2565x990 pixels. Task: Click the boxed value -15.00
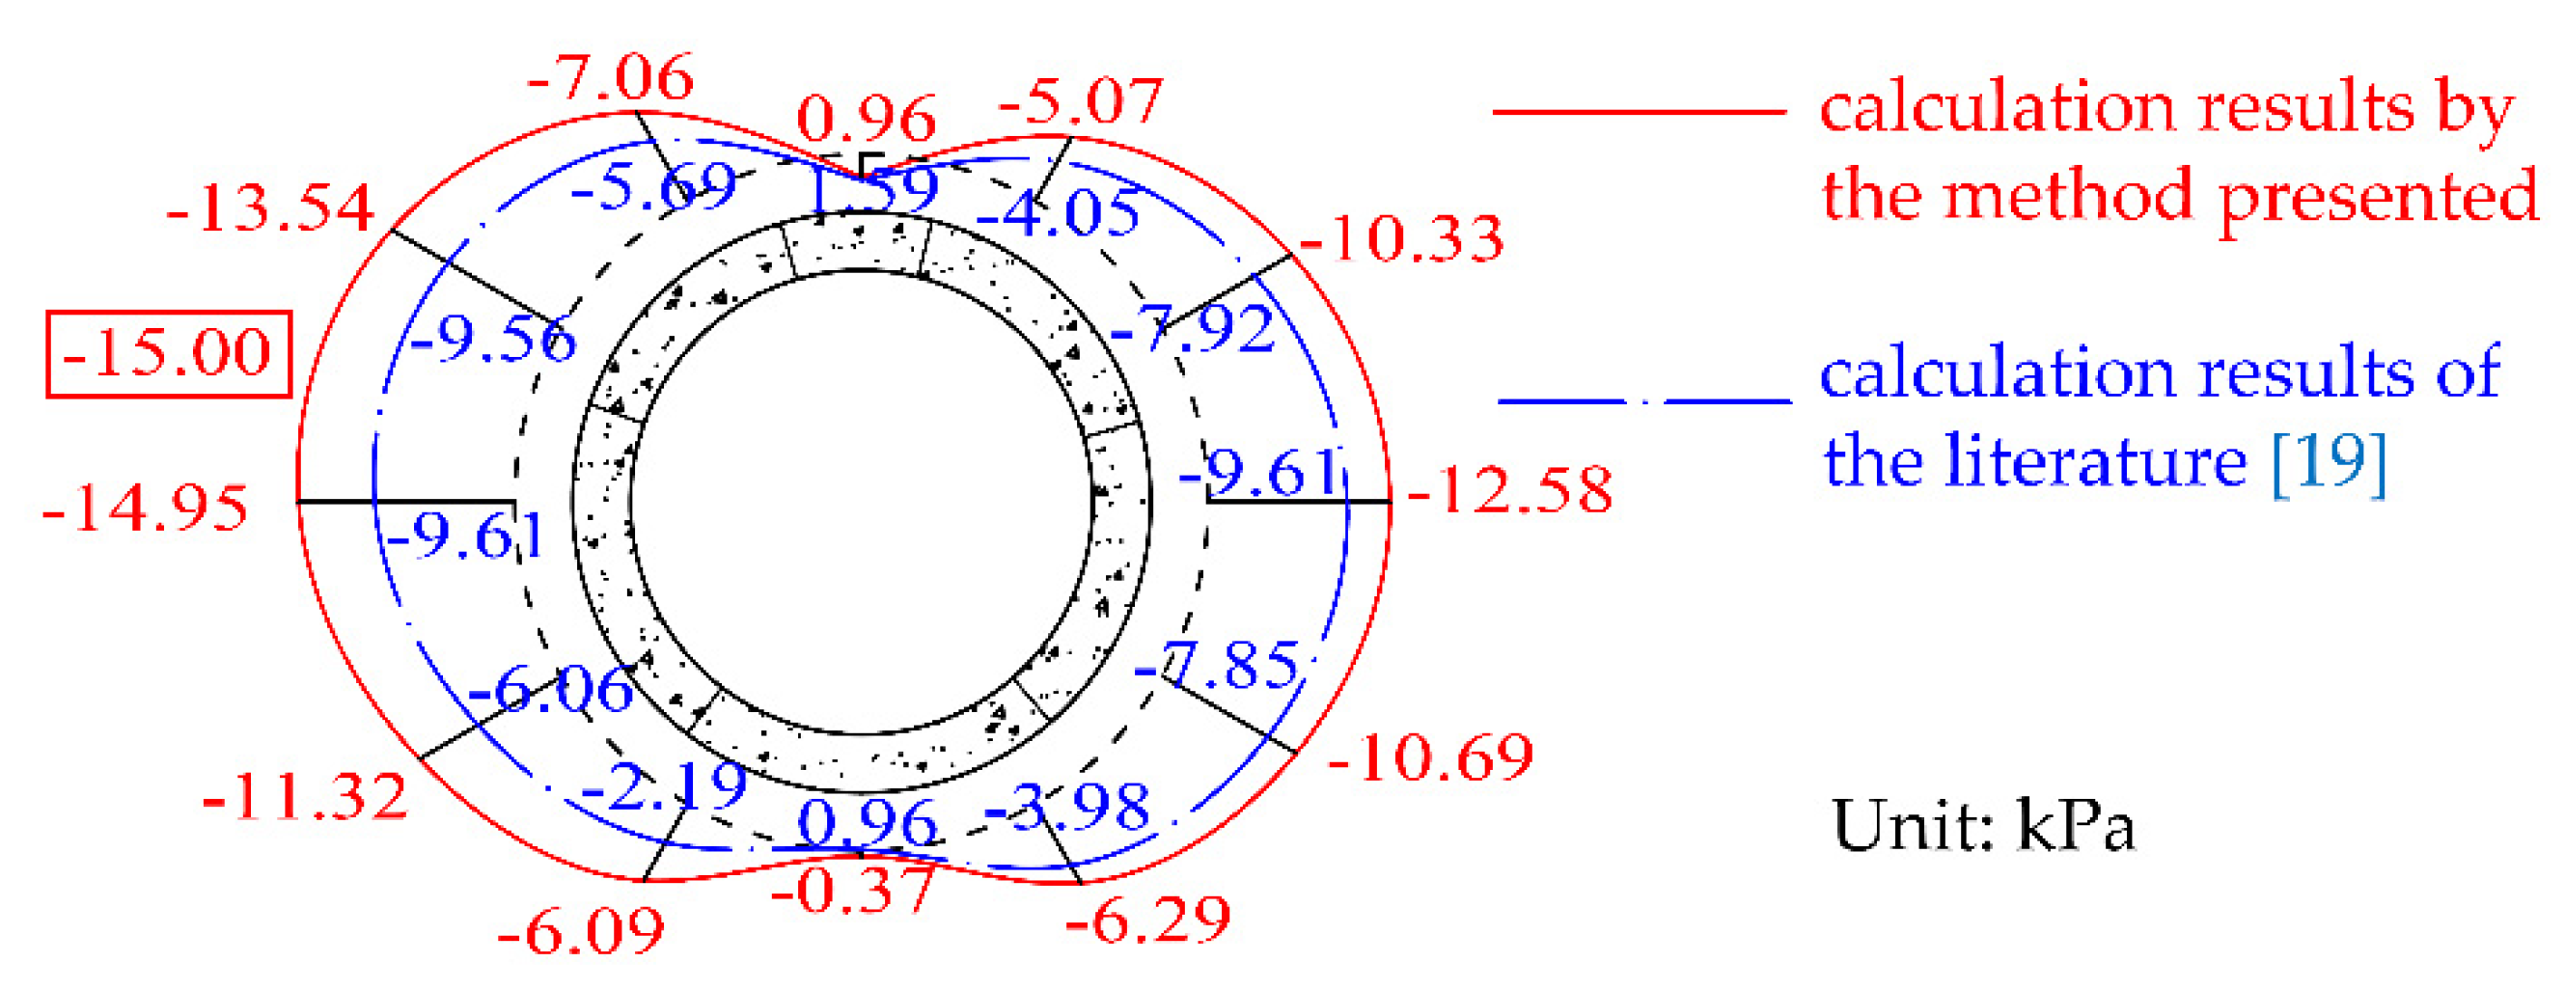point(167,353)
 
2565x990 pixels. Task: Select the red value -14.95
point(146,509)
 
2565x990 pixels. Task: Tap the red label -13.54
point(270,208)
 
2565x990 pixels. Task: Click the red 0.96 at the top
point(867,120)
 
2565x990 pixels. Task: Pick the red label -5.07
point(1081,101)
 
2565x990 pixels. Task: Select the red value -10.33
point(1402,240)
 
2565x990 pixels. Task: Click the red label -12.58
point(1509,490)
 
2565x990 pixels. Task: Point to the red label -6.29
point(1148,921)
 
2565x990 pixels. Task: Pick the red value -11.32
point(306,797)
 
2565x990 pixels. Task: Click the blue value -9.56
point(493,339)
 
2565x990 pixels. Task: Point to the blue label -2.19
point(663,786)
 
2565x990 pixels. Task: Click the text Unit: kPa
point(1982,827)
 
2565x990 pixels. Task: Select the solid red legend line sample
point(1638,112)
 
